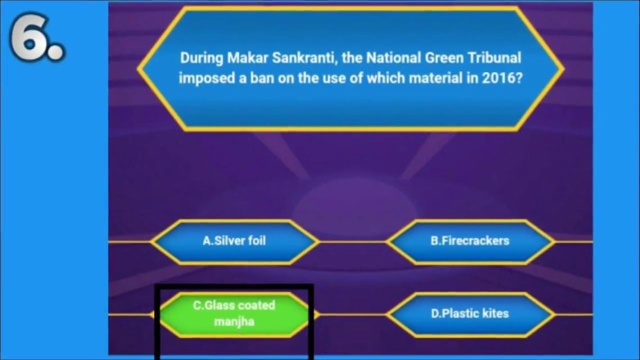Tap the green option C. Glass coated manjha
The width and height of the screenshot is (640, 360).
pos(235,314)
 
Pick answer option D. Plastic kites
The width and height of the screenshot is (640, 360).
pos(470,314)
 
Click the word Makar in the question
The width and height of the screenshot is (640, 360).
pos(247,58)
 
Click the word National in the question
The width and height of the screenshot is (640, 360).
pos(394,58)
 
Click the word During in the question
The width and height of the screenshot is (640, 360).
pos(202,58)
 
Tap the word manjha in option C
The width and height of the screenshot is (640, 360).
pos(235,322)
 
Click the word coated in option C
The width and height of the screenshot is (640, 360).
pos(255,305)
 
